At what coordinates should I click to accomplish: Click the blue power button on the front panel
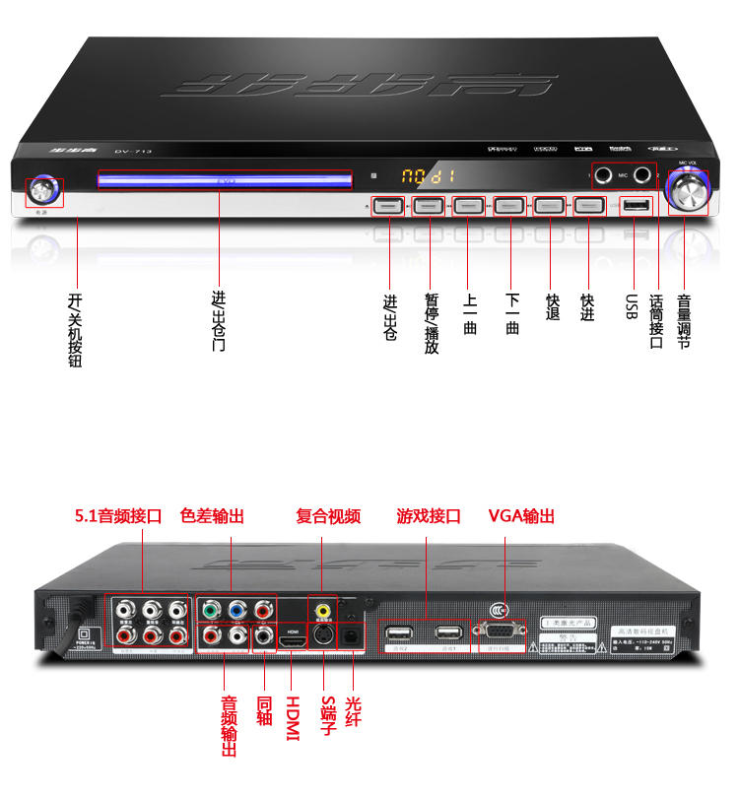43,190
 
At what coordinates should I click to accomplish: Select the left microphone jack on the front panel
602,176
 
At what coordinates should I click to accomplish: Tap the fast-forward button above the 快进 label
588,206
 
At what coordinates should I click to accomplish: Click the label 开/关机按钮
75,330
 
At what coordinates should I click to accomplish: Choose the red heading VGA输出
522,516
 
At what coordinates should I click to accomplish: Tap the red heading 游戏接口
429,516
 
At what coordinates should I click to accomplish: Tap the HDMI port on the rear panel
293,642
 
